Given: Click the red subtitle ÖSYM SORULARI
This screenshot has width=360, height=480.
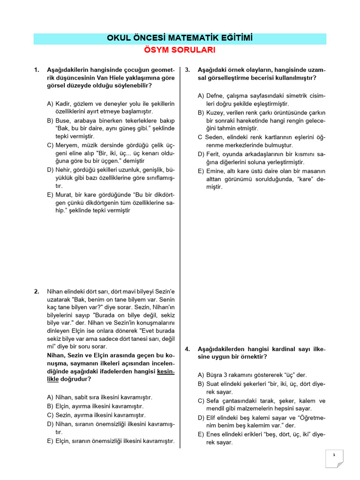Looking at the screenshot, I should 180,50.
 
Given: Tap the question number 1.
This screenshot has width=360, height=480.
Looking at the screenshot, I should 37,70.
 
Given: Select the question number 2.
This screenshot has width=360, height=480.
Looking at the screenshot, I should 37,291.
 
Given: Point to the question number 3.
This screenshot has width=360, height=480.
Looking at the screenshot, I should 187,70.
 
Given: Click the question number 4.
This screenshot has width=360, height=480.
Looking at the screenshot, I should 187,349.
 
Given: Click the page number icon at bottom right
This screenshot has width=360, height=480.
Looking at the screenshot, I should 335,458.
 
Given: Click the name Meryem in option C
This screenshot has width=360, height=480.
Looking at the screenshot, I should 66,146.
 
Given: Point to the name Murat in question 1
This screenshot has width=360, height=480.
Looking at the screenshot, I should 63,194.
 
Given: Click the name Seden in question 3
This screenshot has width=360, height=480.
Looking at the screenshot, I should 214,137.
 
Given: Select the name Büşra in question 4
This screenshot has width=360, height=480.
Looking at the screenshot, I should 215,375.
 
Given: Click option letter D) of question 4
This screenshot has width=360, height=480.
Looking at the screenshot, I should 201,417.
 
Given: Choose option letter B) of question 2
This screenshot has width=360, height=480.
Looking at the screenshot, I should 50,406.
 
